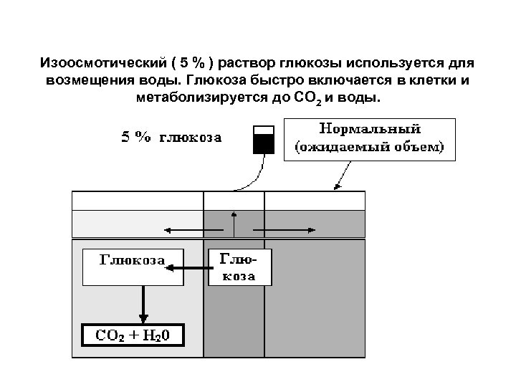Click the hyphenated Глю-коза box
click(x=241, y=267)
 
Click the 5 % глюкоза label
click(x=170, y=137)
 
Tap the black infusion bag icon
click(x=263, y=140)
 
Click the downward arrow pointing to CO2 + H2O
click(x=144, y=301)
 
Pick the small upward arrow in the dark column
click(x=234, y=221)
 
